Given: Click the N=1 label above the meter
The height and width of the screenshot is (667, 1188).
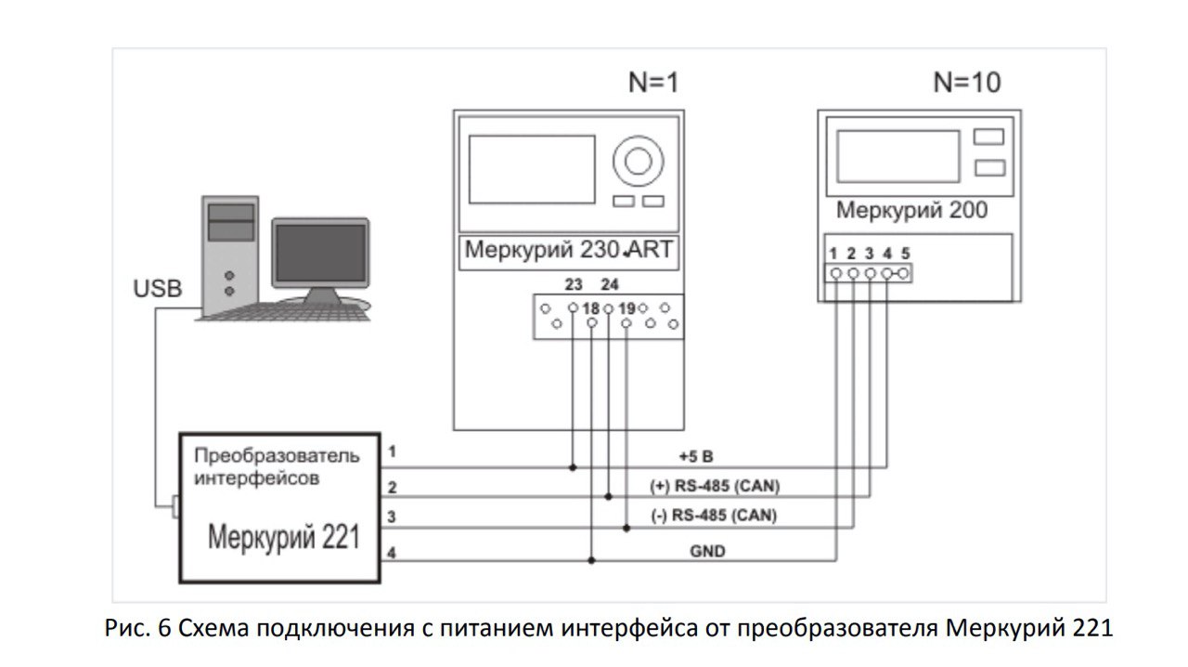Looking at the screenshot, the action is (653, 83).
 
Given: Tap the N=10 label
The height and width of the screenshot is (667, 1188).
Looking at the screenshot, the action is (967, 83).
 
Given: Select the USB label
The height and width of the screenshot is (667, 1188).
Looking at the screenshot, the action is (158, 288).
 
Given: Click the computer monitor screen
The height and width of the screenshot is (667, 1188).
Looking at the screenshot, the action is (320, 253).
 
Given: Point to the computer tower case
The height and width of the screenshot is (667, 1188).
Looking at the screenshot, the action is (230, 255).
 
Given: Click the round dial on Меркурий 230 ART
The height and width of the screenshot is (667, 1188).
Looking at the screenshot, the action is (638, 162).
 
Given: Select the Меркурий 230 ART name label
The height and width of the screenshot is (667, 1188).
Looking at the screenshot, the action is (569, 250).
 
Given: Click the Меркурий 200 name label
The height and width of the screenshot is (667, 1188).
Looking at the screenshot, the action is (911, 210).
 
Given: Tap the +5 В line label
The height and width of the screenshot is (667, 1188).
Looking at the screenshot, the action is (696, 456).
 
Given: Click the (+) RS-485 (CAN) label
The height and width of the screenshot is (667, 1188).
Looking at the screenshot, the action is (715, 486).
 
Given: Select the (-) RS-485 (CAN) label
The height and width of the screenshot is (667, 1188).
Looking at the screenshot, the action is (714, 516).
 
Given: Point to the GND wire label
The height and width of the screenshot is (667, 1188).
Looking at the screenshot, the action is (707, 551).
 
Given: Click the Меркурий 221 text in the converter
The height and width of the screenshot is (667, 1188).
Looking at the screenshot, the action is (284, 537).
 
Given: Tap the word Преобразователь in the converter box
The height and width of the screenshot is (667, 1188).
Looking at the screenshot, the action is (277, 455).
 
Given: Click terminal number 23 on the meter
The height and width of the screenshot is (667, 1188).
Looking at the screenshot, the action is (574, 284).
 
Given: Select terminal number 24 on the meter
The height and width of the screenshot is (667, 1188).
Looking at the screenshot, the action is (610, 284).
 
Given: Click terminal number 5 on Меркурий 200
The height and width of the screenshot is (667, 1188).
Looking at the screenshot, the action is (905, 254).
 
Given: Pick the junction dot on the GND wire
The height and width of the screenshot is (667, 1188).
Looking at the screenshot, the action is (592, 560).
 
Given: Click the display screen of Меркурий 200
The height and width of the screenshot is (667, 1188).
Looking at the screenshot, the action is (898, 157).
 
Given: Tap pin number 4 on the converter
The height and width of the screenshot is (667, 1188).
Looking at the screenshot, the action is (392, 554).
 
